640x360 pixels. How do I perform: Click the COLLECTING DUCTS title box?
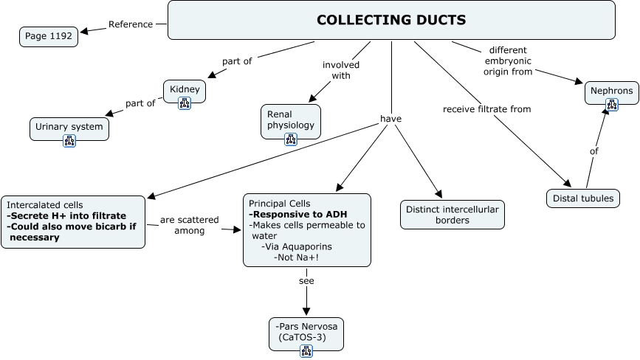(391, 20)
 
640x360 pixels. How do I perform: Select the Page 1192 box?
(49, 36)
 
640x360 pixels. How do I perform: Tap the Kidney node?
(185, 90)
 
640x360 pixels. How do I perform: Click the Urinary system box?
(69, 127)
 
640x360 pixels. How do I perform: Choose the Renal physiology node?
(291, 120)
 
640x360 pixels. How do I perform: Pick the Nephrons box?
(611, 91)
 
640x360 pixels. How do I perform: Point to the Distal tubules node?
(583, 198)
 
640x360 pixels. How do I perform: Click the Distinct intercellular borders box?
(453, 215)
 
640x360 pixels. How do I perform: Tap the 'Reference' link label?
(131, 24)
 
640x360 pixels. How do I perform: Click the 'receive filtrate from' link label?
(486, 109)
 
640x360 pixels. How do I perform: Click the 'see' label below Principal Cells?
(306, 282)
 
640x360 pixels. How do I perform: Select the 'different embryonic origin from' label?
(508, 61)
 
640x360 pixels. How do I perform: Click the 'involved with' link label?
(341, 70)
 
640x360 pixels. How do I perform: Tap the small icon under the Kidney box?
(185, 103)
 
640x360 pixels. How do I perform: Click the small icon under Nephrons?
(611, 105)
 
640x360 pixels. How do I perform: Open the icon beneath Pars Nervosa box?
(306, 350)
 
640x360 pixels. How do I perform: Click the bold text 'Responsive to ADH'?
(288, 214)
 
